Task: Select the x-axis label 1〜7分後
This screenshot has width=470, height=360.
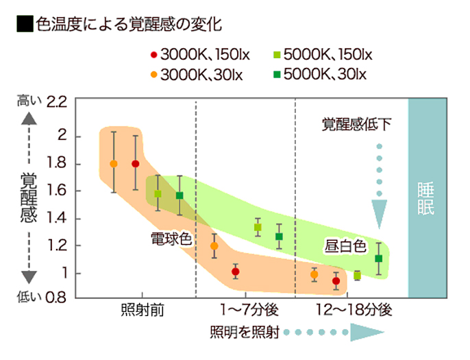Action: [x=245, y=310]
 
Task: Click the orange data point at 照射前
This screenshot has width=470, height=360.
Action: [x=114, y=164]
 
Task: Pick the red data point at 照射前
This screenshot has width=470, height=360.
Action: [x=136, y=164]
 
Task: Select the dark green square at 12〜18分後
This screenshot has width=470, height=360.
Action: [x=378, y=259]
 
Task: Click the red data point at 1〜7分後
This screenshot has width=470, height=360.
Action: [x=235, y=272]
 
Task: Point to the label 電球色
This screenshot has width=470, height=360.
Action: [x=171, y=239]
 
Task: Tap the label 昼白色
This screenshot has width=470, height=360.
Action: [x=345, y=245]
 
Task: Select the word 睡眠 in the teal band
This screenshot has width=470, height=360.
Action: [x=425, y=199]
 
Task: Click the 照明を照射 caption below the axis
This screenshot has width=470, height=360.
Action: [x=246, y=333]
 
